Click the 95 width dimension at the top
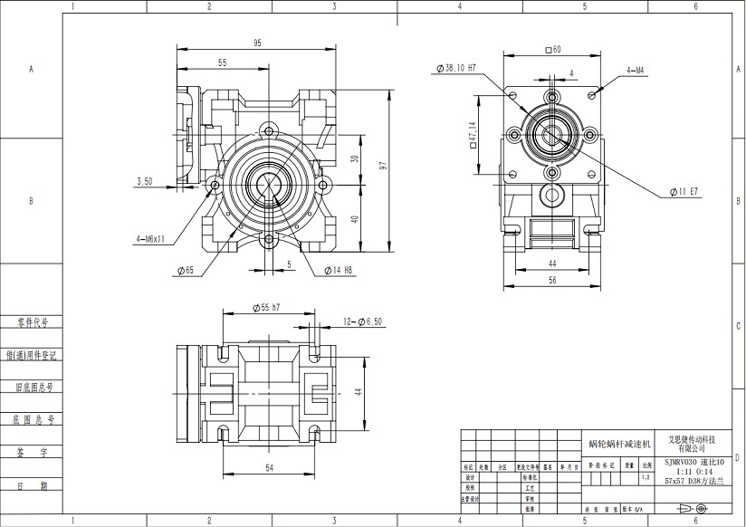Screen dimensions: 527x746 (257, 43)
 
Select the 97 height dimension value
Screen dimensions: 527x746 (383, 167)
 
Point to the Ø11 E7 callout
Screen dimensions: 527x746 (684, 192)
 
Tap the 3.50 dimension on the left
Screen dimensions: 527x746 (144, 181)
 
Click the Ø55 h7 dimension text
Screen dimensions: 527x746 (263, 308)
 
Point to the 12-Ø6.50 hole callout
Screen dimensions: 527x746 (362, 321)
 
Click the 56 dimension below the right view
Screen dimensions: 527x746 (551, 281)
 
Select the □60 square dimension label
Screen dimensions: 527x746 (552, 50)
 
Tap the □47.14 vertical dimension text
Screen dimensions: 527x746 (473, 137)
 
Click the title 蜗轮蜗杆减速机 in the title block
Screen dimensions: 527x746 (619, 444)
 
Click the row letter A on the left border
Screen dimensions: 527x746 (31, 69)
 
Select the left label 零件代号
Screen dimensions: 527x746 (31, 321)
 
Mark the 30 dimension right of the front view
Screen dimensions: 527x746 (356, 158)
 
